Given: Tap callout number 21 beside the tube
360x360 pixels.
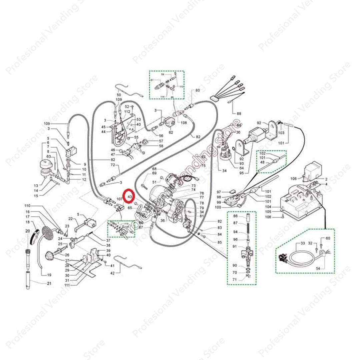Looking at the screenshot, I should (x=49, y=283).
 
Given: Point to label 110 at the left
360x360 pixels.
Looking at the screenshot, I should (x=27, y=205).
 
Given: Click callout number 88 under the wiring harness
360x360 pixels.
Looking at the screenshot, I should (x=239, y=114).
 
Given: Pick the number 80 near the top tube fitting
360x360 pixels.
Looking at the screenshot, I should (x=197, y=90).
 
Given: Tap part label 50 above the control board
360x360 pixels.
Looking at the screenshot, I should (x=119, y=95).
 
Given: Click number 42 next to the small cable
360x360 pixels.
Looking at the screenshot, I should (x=112, y=273).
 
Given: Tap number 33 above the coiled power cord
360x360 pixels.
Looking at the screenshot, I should (x=303, y=243).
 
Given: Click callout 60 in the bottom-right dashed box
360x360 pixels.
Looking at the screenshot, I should (x=328, y=238).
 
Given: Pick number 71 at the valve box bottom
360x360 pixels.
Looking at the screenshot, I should (x=235, y=279).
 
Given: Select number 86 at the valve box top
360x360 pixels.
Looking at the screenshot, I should (x=235, y=217).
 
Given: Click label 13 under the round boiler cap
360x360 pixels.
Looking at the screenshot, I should (x=36, y=186).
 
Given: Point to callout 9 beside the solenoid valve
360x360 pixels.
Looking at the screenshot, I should (x=85, y=164).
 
